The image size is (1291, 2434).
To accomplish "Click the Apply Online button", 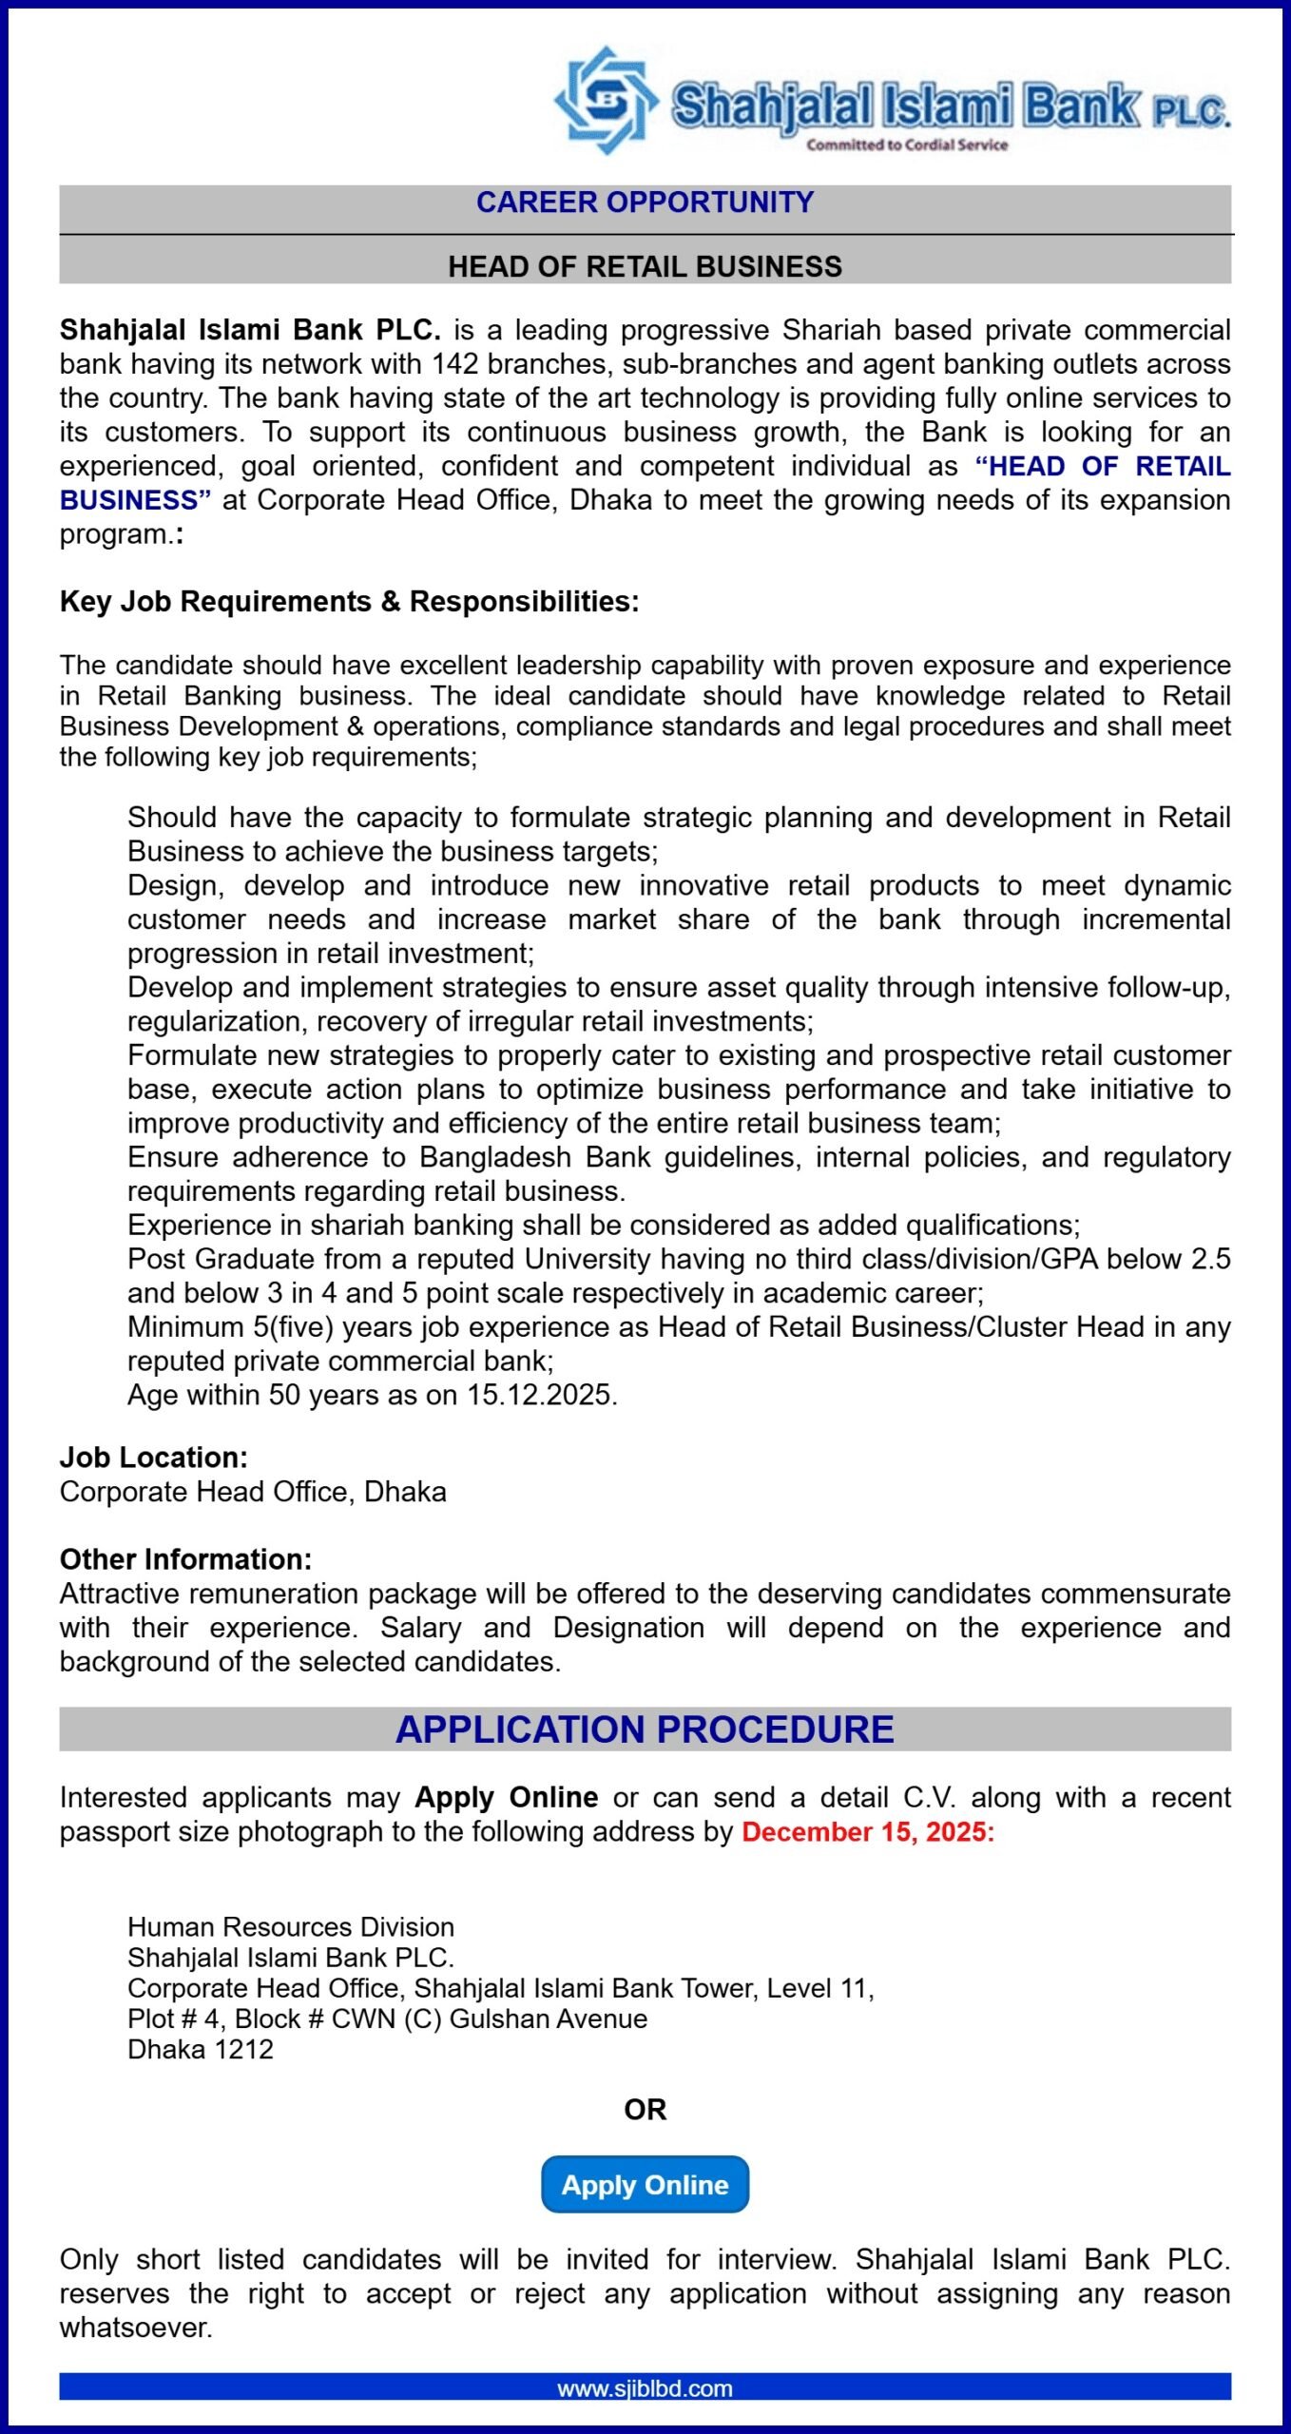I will pyautogui.click(x=645, y=2184).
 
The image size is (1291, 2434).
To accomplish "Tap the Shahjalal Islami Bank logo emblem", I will pyautogui.click(x=606, y=100).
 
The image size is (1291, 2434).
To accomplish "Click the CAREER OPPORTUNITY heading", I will pyautogui.click(x=645, y=203).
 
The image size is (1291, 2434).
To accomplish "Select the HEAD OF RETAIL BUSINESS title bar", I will pyautogui.click(x=645, y=266).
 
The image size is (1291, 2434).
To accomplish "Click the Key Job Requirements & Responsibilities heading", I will pyautogui.click(x=349, y=602).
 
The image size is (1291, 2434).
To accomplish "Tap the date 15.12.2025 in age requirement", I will pyautogui.click(x=539, y=1395).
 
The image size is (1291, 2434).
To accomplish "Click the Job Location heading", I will pyautogui.click(x=153, y=1458).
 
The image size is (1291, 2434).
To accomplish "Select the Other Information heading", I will pyautogui.click(x=185, y=1559).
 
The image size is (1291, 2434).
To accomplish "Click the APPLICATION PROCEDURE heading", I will pyautogui.click(x=645, y=1729).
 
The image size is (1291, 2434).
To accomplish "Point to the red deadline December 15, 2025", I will pyautogui.click(x=867, y=1832).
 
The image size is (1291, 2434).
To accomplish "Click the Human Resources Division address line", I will pyautogui.click(x=291, y=1927).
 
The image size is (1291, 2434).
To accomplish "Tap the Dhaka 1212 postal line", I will pyautogui.click(x=201, y=2049).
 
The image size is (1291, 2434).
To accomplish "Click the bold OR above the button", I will pyautogui.click(x=645, y=2110).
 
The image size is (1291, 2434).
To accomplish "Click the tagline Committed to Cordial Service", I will pyautogui.click(x=907, y=145).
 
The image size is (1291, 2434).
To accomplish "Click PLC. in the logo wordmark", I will pyautogui.click(x=1190, y=112).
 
